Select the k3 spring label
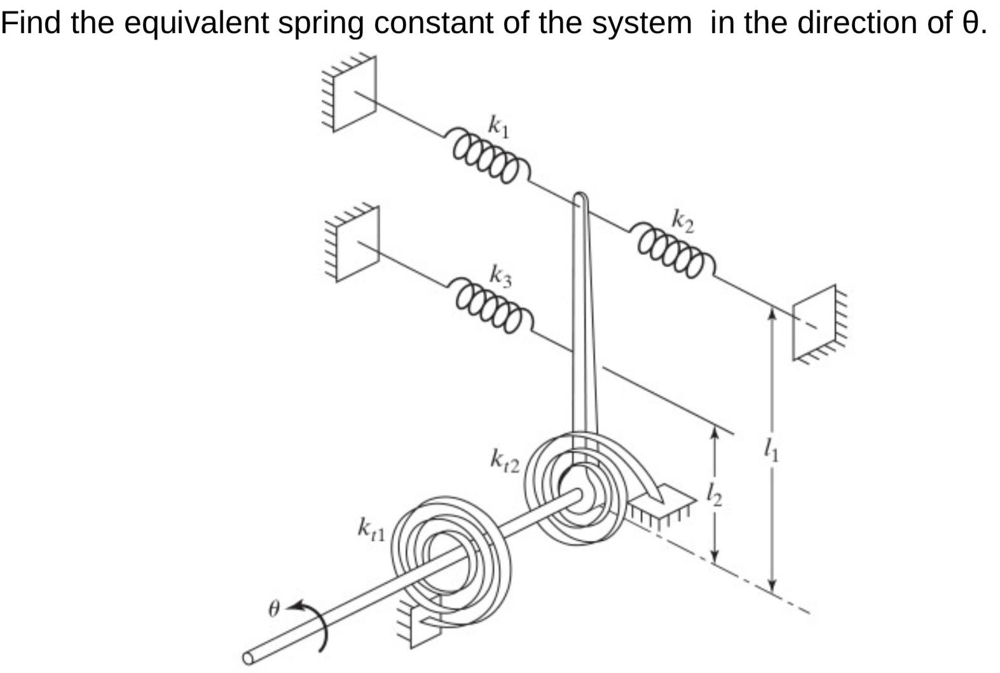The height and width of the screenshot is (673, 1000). [x=500, y=276]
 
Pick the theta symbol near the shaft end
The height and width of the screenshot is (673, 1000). [x=273, y=609]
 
